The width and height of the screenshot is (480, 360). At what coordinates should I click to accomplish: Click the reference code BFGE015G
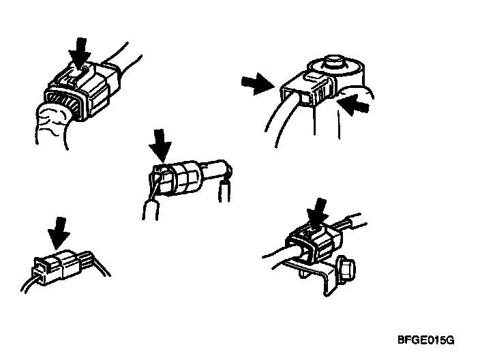426,340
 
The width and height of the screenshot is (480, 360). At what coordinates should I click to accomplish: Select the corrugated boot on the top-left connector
53,125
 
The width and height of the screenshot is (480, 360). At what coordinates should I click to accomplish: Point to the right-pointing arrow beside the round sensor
258,84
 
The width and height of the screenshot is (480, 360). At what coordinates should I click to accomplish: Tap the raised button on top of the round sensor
335,61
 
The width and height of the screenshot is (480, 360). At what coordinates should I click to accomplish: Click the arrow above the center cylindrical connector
160,145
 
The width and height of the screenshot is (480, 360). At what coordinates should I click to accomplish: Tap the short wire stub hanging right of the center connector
225,190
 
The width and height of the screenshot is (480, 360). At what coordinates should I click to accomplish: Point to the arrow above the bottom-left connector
59,232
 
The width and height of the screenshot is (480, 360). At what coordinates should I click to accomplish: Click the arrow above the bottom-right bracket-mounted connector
318,213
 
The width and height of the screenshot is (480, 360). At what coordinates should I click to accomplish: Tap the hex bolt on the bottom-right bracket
346,269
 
